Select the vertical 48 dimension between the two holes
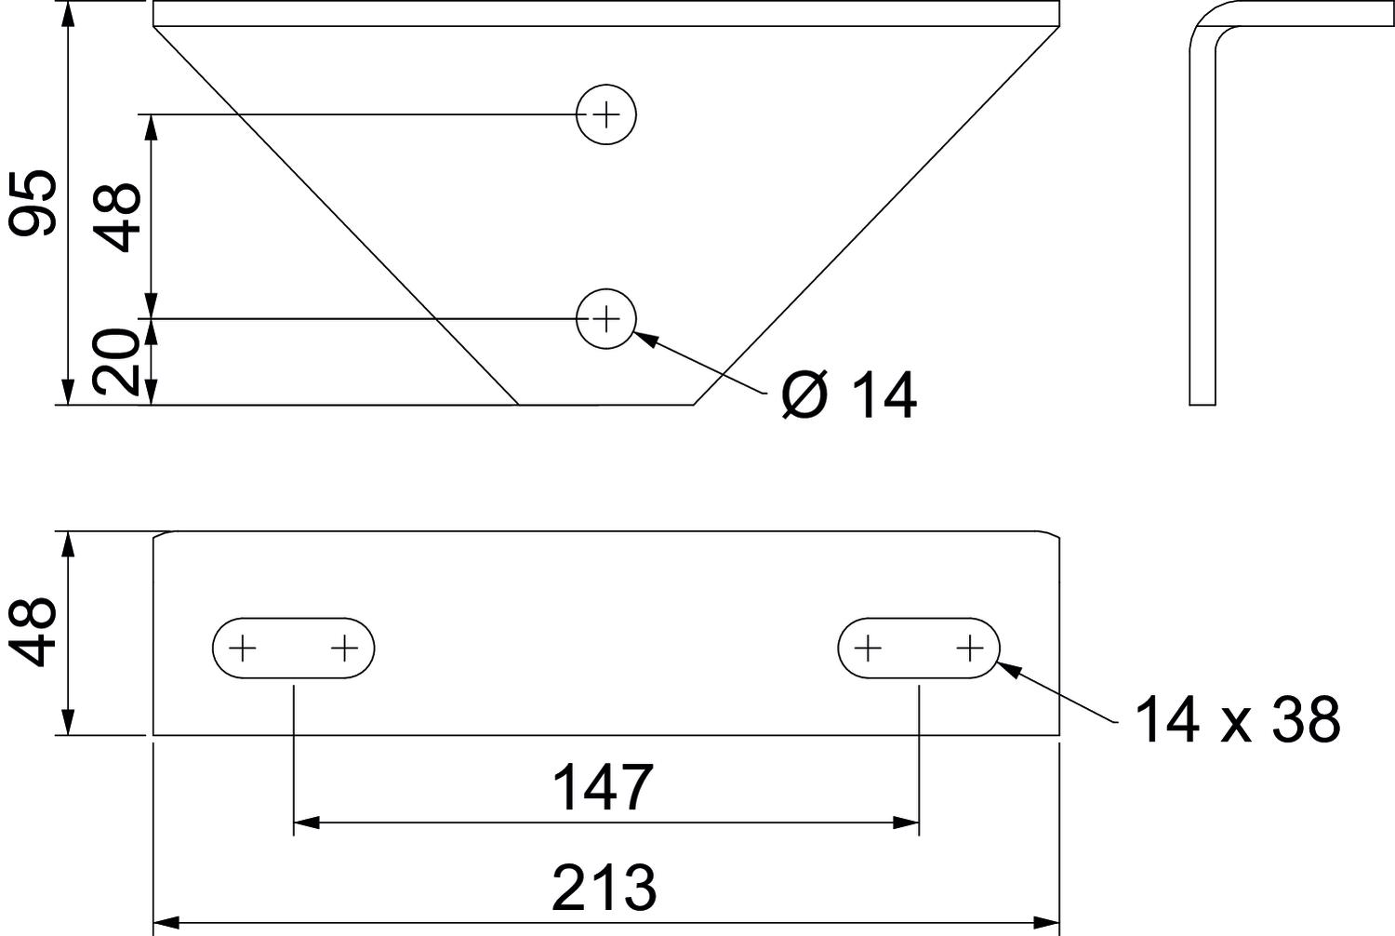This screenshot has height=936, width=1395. point(121,216)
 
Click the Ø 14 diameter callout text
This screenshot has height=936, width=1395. point(848,395)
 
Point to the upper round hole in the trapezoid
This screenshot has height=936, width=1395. point(606,114)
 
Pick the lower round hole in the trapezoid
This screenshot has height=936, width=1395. point(606,319)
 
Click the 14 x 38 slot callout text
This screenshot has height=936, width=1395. point(1237,719)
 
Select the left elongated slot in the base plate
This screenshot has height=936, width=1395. point(293,647)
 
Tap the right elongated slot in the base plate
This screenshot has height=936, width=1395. point(919,647)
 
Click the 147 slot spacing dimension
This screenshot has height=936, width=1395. point(604,788)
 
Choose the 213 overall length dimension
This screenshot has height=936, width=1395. point(604,888)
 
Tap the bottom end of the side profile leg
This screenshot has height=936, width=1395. point(1202,404)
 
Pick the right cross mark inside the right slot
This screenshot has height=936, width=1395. point(970,647)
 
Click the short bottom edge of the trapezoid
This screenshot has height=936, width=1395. point(605,405)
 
